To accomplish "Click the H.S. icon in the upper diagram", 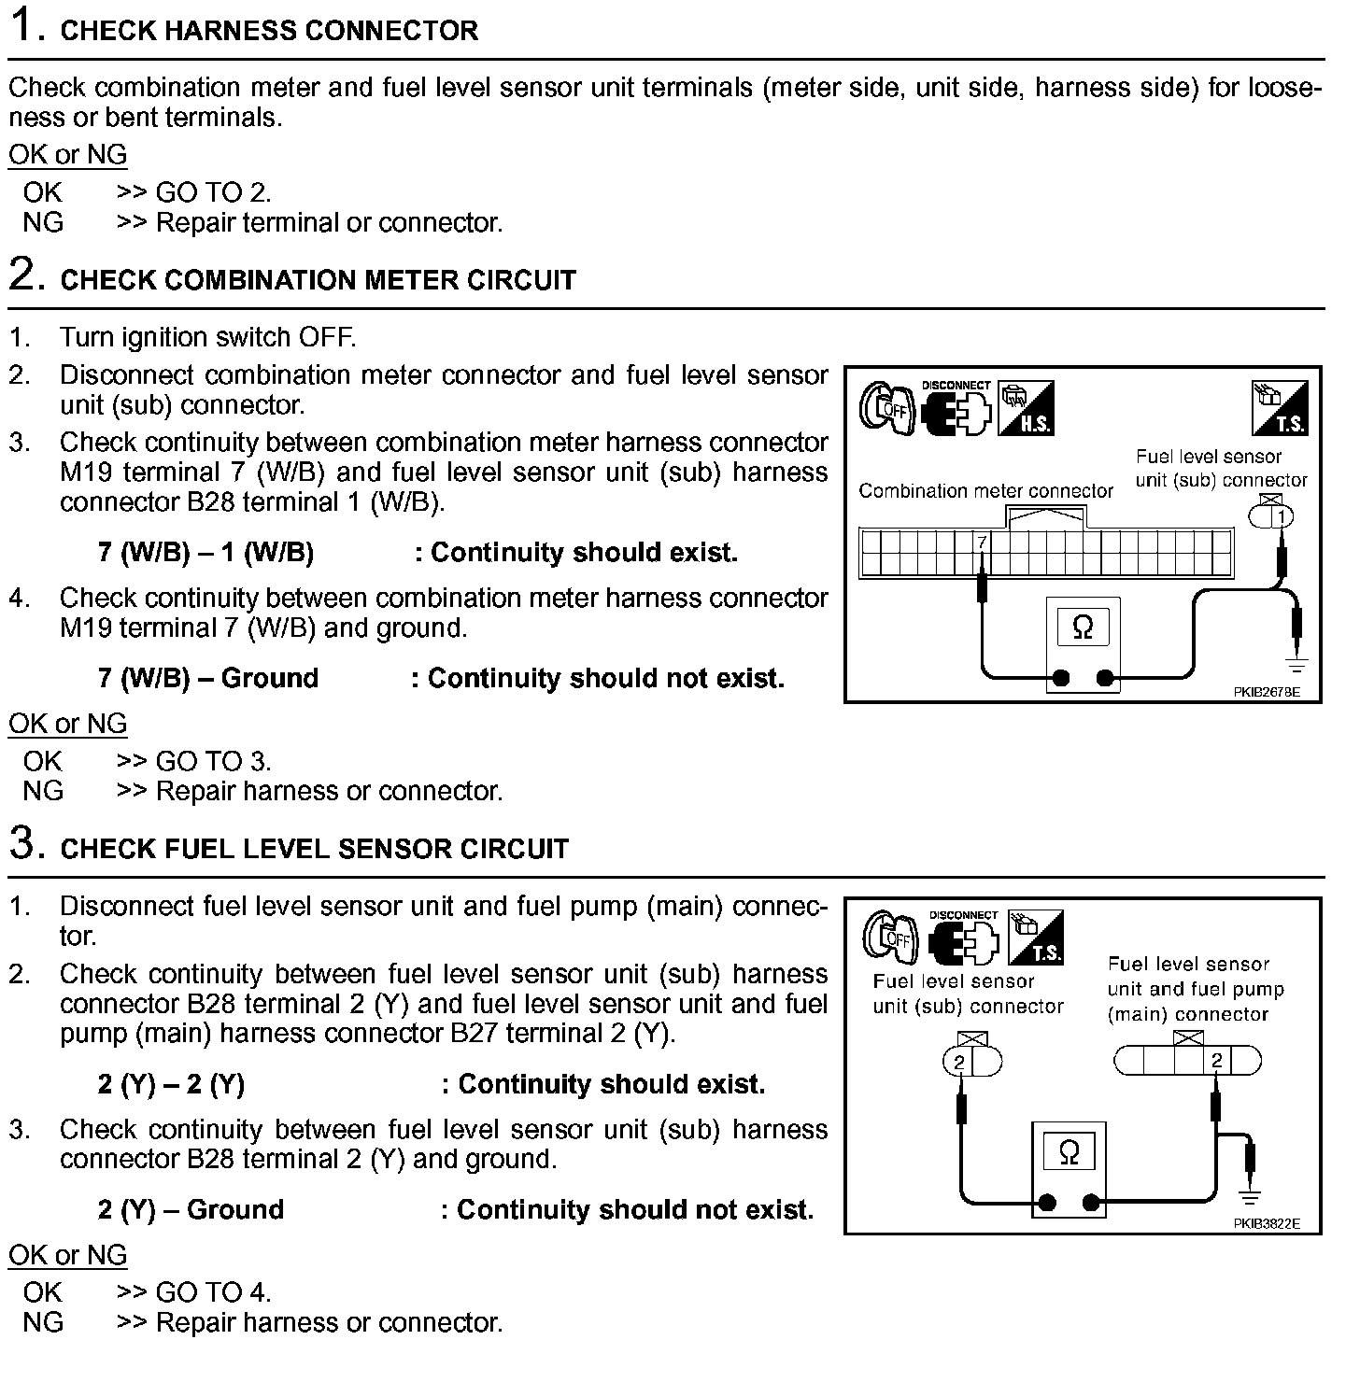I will click(1026, 408).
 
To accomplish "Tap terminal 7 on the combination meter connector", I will click(982, 542).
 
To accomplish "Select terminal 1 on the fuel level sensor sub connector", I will click(1282, 516).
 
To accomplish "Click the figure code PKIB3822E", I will click(1266, 1224).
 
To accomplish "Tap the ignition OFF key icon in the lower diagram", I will click(890, 937).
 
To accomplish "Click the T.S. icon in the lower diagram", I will click(1036, 937).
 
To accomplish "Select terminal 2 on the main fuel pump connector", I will click(1216, 1061).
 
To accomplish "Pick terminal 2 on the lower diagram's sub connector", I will click(959, 1062).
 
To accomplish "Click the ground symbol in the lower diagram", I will click(1249, 1195).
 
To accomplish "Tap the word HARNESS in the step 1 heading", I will click(215, 30).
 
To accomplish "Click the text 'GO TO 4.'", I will click(213, 1292).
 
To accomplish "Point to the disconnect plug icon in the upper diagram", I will click(956, 408).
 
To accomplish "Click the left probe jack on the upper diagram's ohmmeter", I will click(1060, 679).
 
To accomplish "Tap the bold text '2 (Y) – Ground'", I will click(191, 1210).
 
